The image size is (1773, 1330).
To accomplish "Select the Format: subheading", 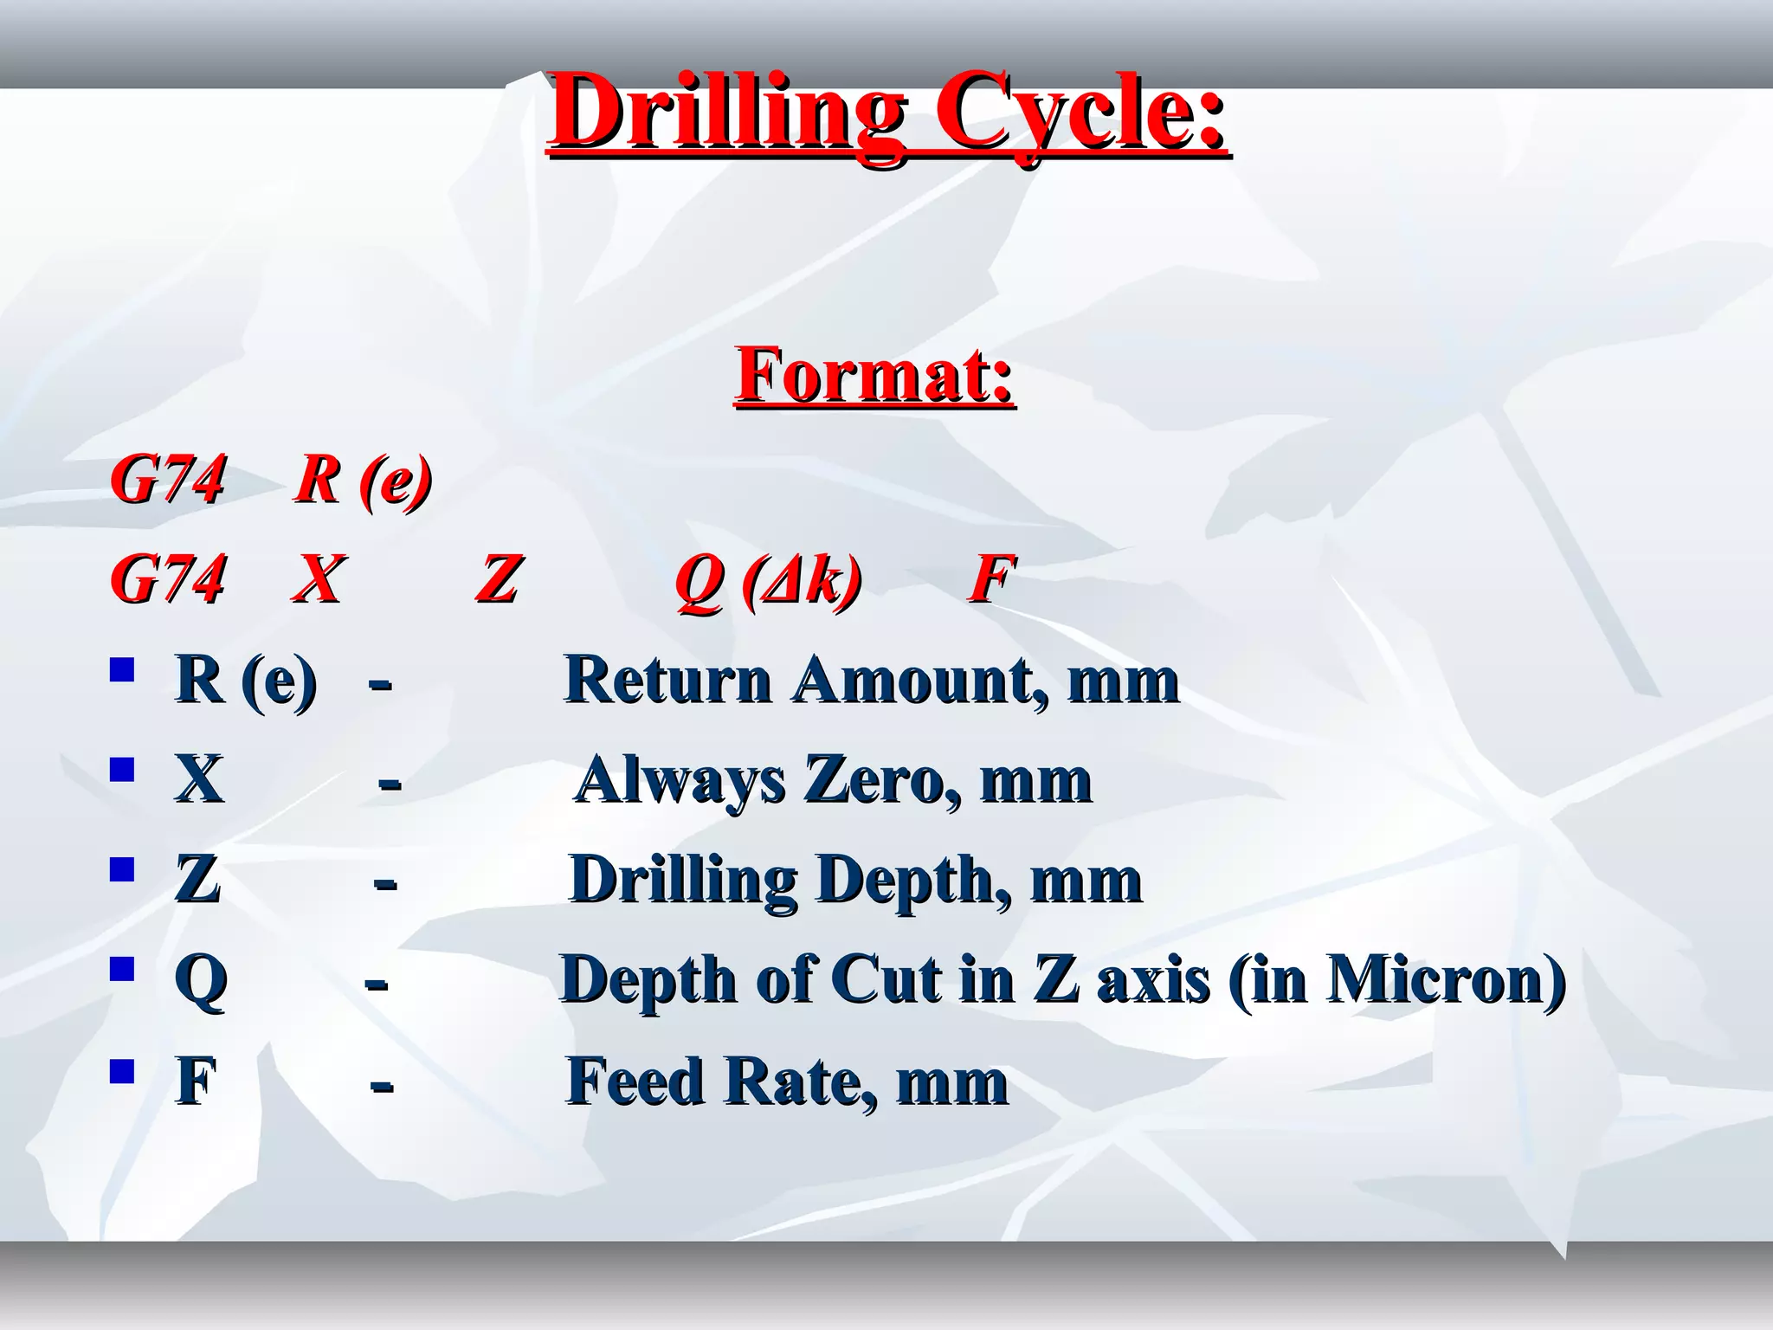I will click(874, 374).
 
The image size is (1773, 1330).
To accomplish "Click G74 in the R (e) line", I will click(168, 480).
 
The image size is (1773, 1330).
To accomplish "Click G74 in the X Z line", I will click(168, 578).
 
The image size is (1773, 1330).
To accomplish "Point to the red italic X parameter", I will click(317, 578).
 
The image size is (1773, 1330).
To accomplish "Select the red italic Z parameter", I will click(498, 578).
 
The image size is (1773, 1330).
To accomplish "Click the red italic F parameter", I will click(990, 578).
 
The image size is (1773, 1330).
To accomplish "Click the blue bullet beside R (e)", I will click(122, 669).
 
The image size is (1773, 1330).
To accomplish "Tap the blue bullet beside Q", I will click(122, 968).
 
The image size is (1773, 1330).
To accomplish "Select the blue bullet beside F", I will click(122, 1071).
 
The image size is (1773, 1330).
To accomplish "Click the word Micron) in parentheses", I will click(1447, 980).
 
